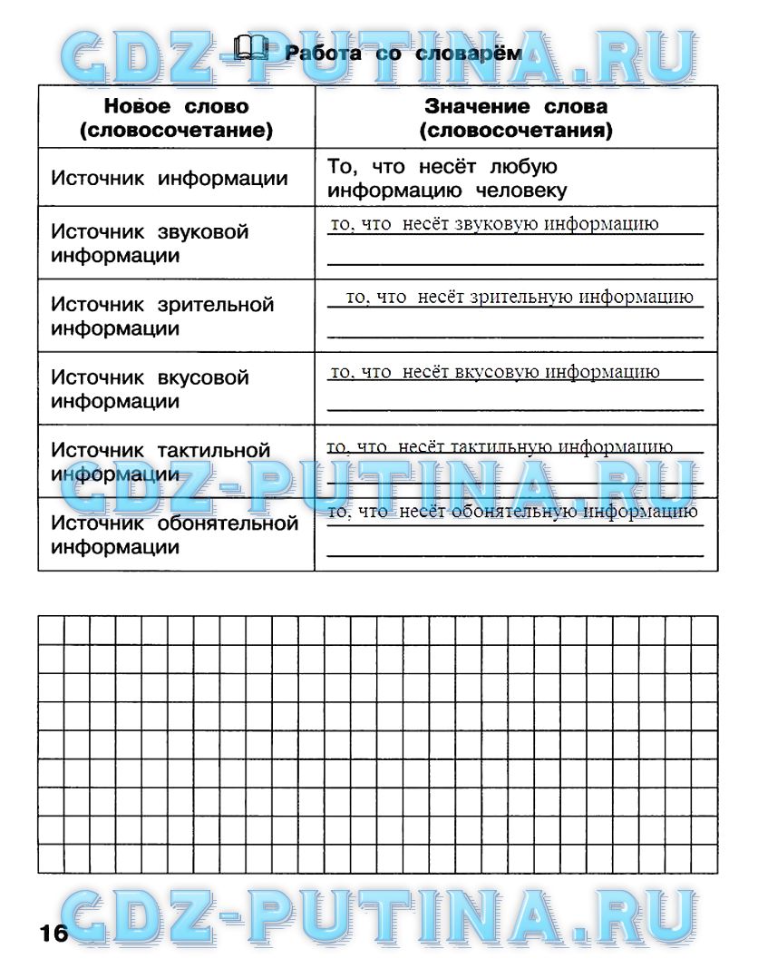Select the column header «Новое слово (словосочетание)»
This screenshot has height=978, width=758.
tap(176, 119)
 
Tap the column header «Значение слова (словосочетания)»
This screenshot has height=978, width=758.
tap(516, 119)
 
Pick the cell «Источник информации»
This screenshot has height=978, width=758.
tap(170, 178)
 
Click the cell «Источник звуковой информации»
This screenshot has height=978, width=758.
tap(150, 243)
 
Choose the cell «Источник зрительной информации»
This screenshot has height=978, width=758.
tap(162, 316)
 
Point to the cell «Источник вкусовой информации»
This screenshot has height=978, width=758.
tap(150, 388)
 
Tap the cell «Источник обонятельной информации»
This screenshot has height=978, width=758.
tap(175, 534)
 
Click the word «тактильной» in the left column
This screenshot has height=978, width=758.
tap(215, 450)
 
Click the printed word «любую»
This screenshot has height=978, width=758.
tap(522, 167)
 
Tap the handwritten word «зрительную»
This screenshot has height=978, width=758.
tap(523, 297)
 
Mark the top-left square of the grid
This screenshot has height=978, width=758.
tap(51, 631)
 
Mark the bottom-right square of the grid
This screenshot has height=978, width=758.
tap(705, 859)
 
